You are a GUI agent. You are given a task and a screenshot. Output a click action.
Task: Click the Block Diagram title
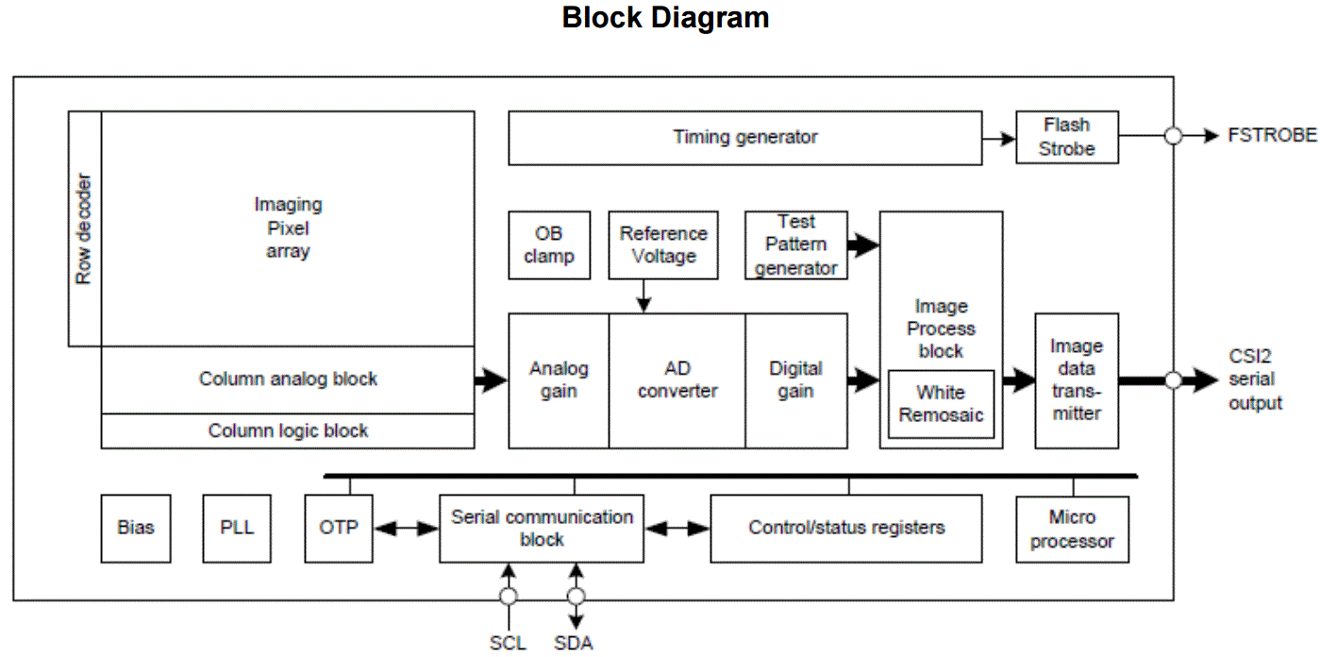665,18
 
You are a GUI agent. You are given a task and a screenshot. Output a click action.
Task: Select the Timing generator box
744,138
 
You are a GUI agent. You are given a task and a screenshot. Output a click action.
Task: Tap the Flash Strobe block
1066,138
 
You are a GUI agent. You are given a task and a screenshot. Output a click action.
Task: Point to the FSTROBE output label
1272,136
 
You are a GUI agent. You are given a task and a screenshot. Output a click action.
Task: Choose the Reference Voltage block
663,245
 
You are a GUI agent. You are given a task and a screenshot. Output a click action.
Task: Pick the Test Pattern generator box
795,245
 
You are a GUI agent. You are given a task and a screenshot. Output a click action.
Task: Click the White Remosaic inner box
941,404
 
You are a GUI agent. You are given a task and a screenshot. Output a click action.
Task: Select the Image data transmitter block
1076,380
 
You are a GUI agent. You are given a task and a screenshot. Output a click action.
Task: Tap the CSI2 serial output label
1255,380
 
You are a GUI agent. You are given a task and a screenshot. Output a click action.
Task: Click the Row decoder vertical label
84,228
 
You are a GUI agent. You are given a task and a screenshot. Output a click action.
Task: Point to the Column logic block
288,431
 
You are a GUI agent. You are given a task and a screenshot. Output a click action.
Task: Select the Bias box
136,528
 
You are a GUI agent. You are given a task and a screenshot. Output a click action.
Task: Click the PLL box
237,528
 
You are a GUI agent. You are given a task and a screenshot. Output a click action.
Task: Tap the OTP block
339,528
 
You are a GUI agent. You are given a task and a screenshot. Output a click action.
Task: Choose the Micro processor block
1072,530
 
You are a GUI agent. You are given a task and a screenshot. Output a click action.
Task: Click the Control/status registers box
845,529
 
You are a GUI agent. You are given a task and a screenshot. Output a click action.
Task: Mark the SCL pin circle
509,597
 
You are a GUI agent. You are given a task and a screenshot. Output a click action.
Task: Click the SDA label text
574,644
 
